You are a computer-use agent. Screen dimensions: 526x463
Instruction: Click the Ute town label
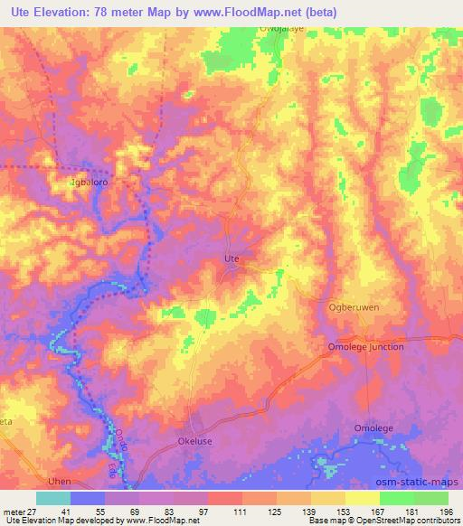[x=231, y=259]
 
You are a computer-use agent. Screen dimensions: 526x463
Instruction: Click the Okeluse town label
[x=195, y=443]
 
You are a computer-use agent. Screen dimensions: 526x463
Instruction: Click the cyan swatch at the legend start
[x=53, y=498]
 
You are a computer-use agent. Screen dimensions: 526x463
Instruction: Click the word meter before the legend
[x=13, y=512]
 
